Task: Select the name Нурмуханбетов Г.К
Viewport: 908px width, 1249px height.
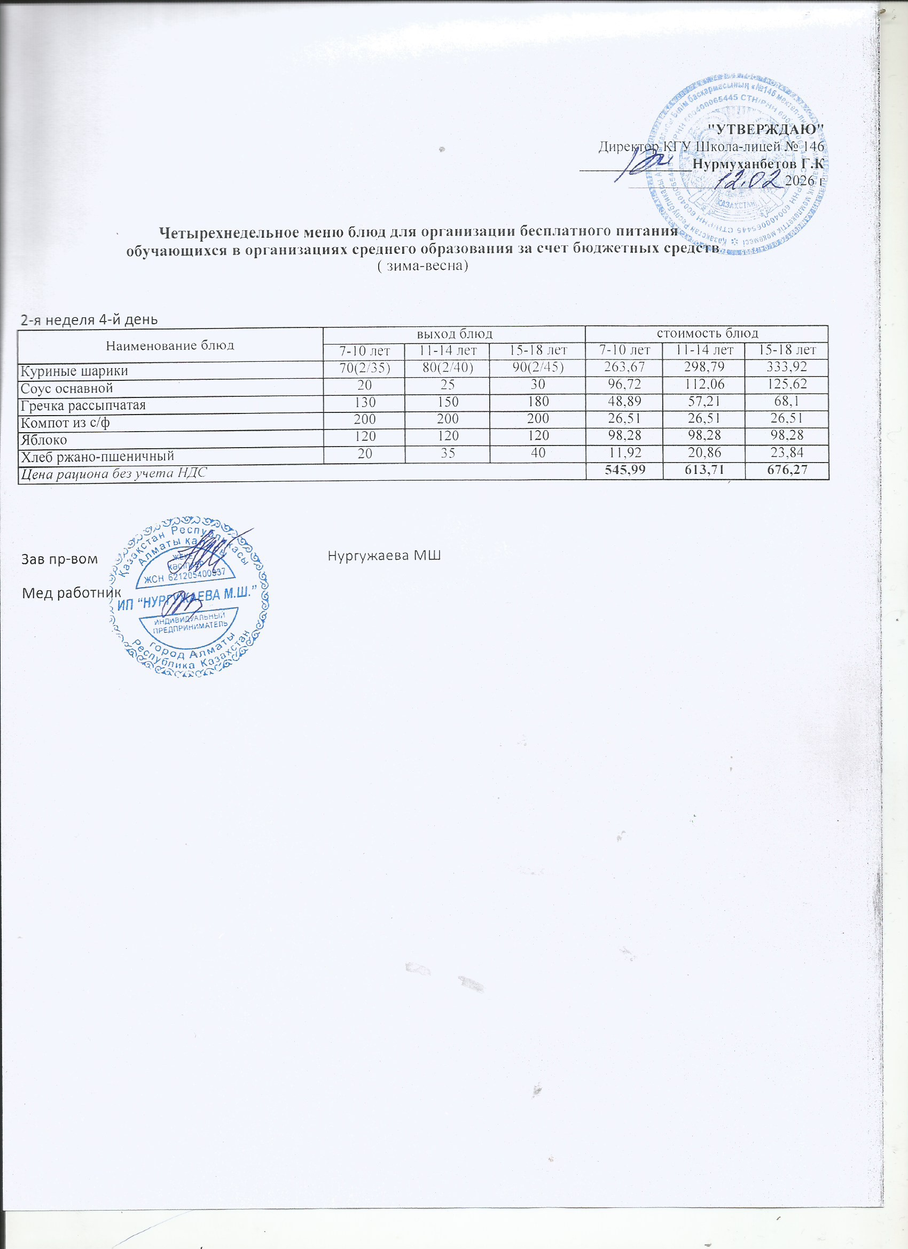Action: coord(758,164)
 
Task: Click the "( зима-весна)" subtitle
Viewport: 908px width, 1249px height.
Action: coord(423,266)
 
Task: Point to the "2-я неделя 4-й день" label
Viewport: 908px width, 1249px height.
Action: coord(89,319)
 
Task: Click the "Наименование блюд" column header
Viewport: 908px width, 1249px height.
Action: coord(170,345)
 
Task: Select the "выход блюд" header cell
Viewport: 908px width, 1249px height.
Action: coord(453,333)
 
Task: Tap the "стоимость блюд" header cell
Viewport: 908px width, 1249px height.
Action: coord(707,333)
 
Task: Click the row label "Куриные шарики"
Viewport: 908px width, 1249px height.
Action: coord(74,371)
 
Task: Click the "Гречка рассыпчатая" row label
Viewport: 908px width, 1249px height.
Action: coord(83,406)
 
